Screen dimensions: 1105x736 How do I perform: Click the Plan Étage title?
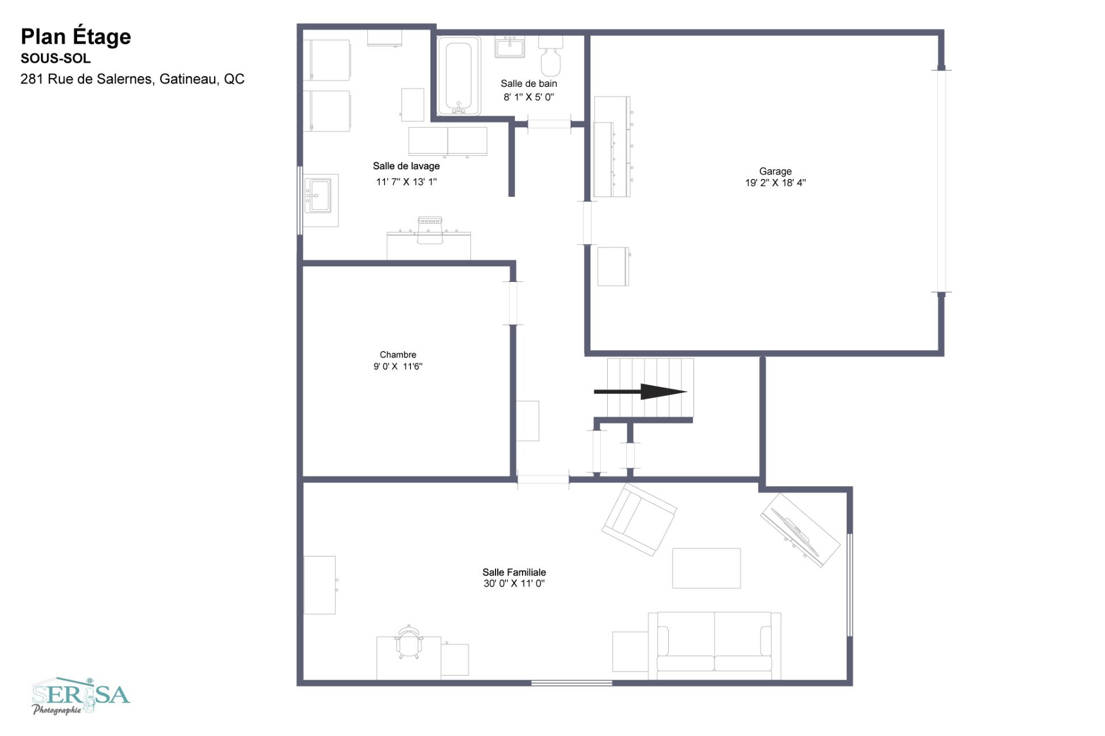click(76, 37)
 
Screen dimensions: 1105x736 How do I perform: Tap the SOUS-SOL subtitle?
click(56, 59)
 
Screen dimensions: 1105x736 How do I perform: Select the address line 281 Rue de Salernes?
click(132, 79)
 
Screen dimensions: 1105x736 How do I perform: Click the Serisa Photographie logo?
click(81, 696)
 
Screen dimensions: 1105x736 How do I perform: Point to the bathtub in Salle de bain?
click(459, 76)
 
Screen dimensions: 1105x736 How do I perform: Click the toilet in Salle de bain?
click(551, 56)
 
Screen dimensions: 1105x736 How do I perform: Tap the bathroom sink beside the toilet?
click(509, 47)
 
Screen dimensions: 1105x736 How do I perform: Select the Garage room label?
click(775, 171)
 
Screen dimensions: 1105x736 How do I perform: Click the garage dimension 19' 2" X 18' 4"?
click(775, 183)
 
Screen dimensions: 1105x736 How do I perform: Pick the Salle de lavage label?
click(406, 166)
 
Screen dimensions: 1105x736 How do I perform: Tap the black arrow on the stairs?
click(641, 392)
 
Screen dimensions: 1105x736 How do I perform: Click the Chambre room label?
click(398, 354)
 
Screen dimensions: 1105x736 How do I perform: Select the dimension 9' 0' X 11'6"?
click(398, 367)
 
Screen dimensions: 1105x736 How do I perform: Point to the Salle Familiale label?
click(514, 572)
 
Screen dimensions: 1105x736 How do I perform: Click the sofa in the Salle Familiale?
click(714, 646)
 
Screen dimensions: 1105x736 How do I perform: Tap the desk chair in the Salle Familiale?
click(409, 642)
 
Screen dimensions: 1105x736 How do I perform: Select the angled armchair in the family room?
click(639, 520)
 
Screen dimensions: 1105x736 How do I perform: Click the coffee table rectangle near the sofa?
click(707, 569)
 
